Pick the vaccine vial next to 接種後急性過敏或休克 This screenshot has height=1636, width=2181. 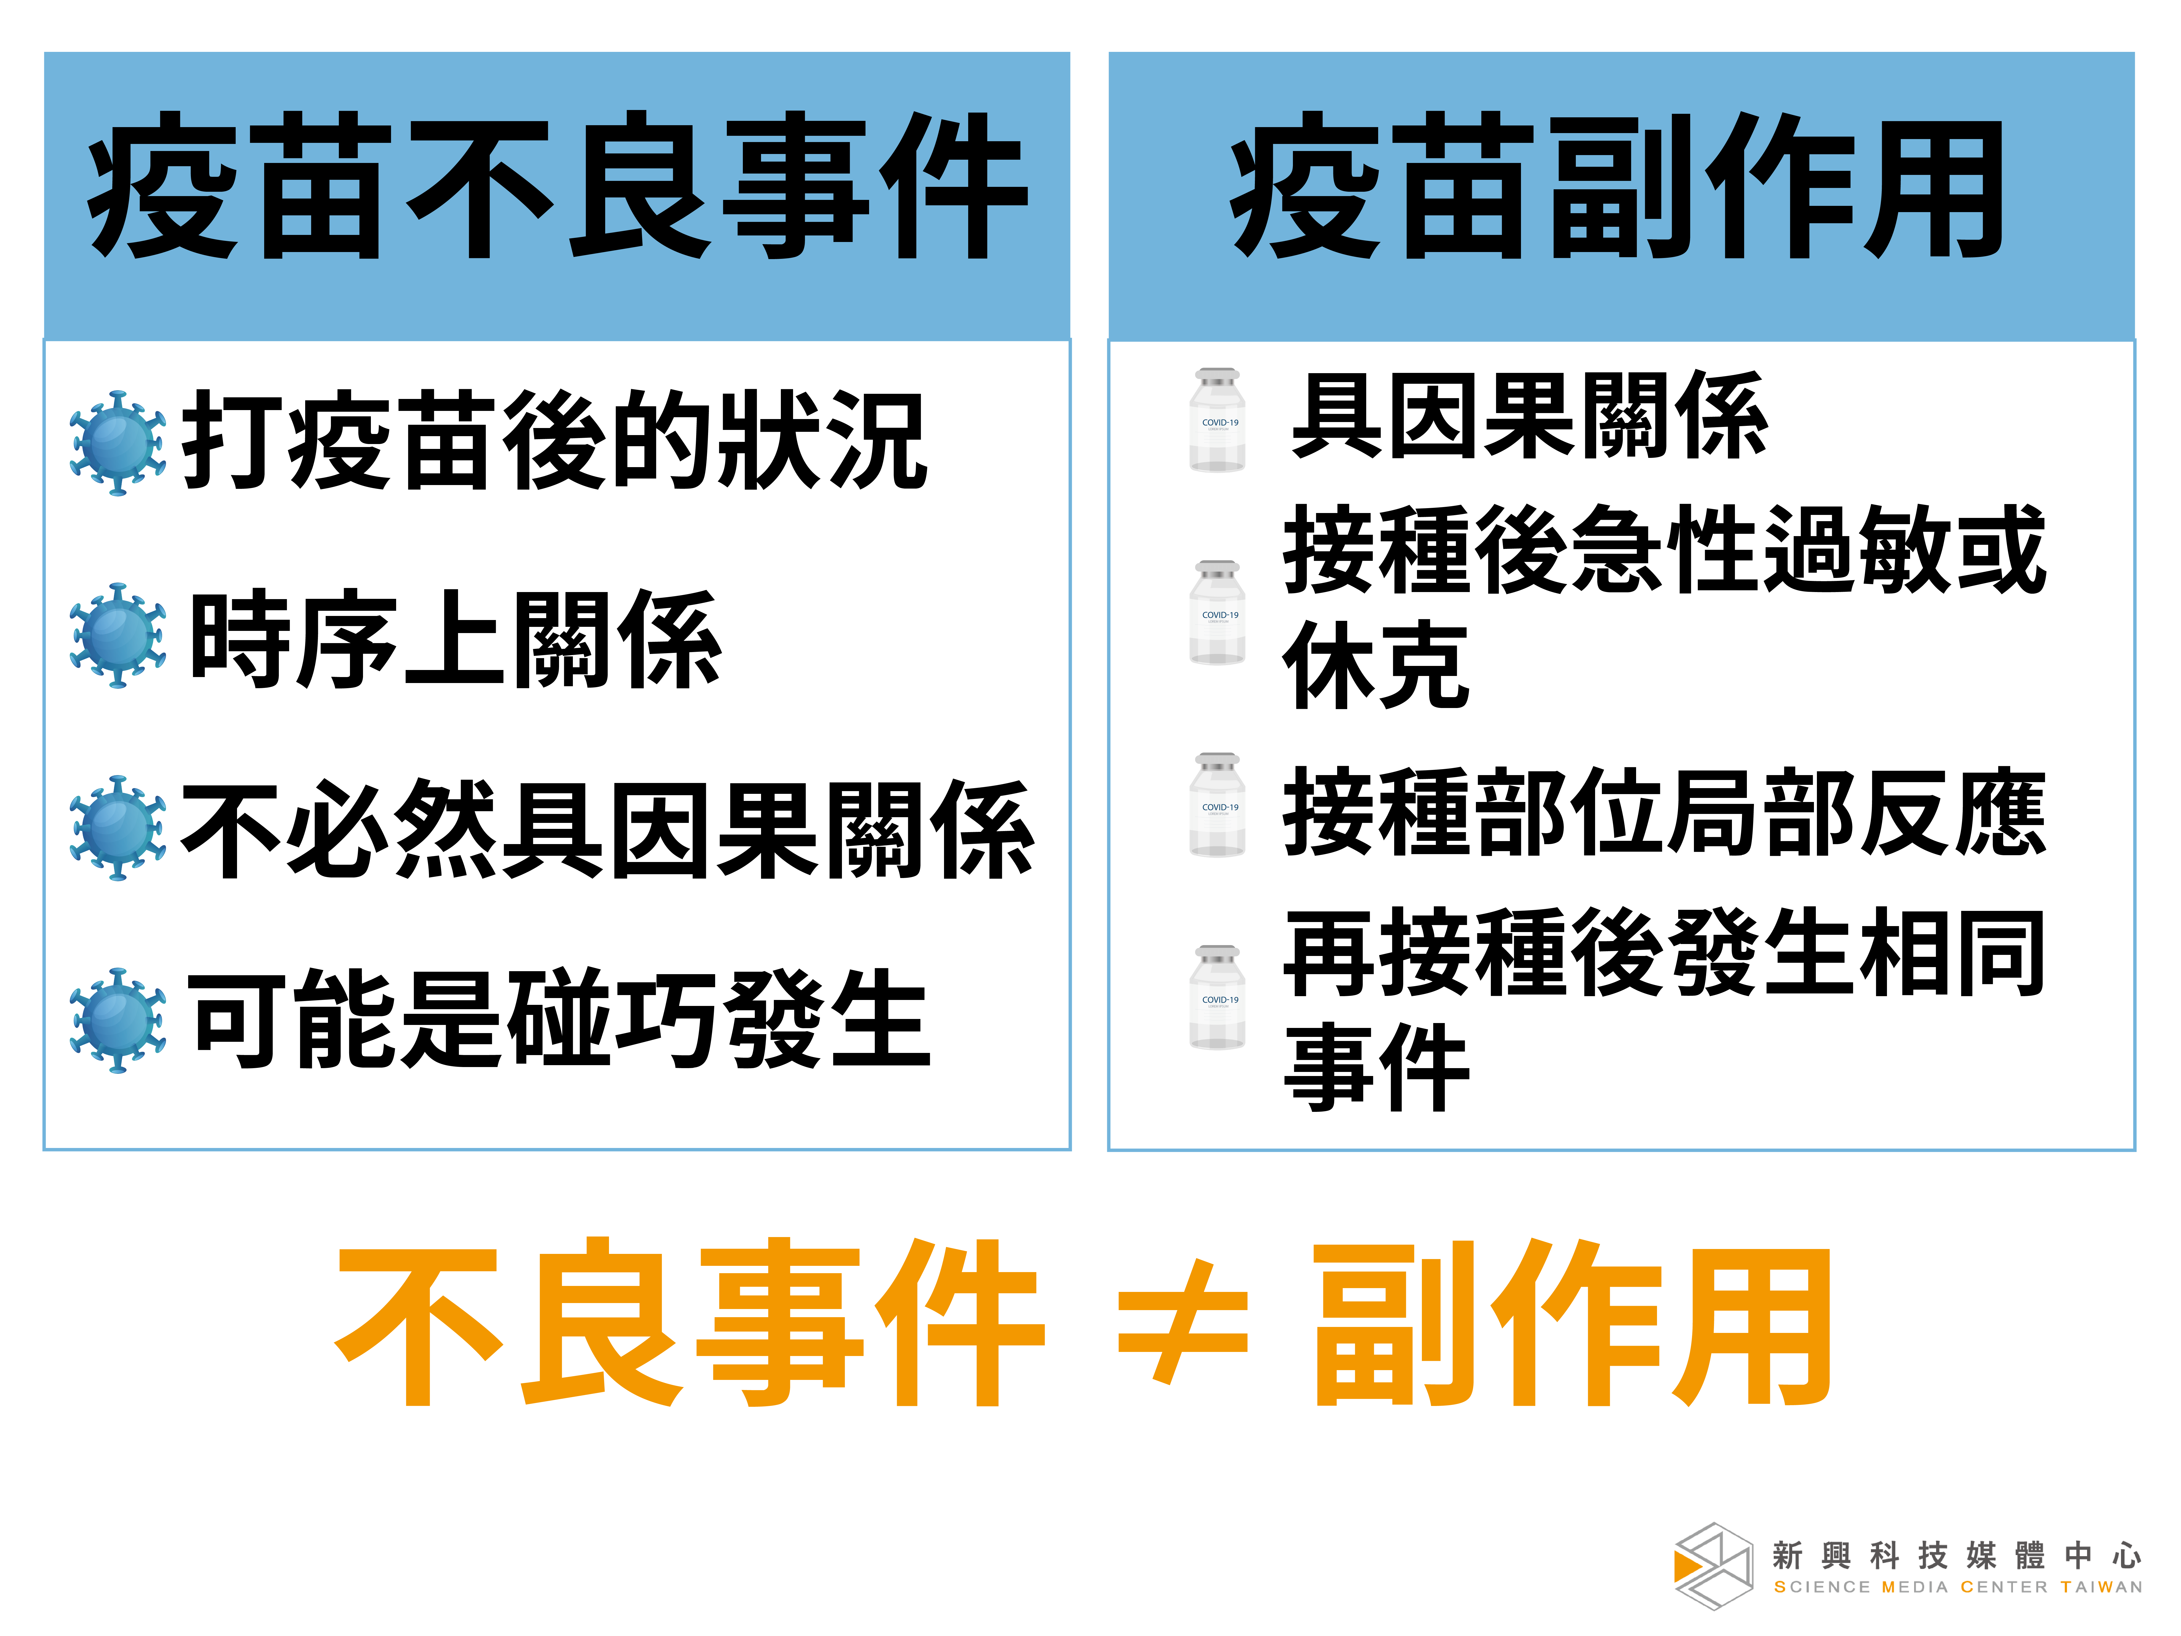1218,612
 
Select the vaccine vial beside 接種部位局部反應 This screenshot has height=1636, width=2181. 1218,805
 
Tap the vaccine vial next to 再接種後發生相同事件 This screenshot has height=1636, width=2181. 1218,997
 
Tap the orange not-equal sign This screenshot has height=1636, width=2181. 1183,1322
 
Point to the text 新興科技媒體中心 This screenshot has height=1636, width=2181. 1957,1555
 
